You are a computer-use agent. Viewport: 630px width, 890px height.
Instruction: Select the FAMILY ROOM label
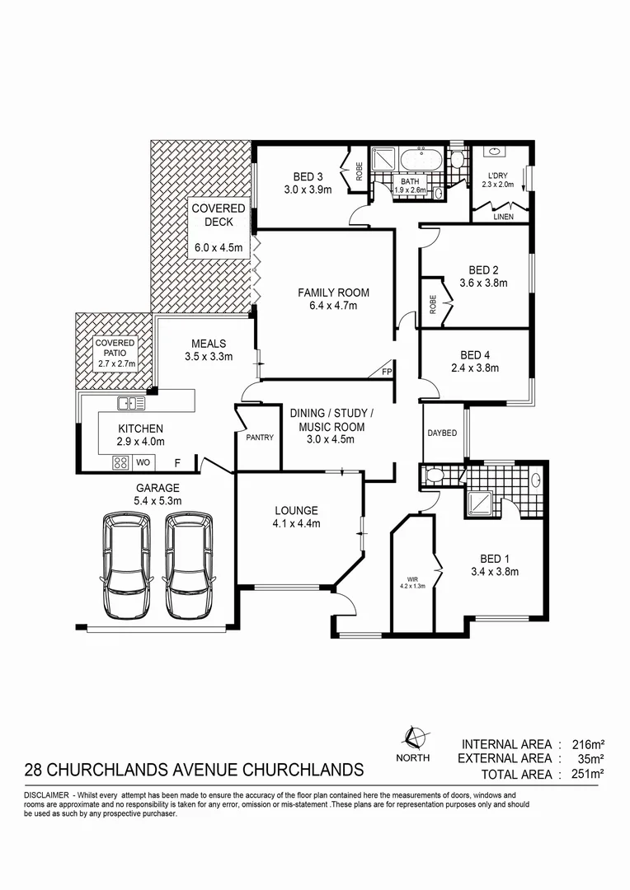[x=333, y=293]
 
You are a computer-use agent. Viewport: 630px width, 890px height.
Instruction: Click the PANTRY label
[x=260, y=438]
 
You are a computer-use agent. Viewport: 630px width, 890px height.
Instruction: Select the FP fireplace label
[x=386, y=372]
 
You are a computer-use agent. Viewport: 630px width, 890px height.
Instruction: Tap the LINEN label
[x=503, y=217]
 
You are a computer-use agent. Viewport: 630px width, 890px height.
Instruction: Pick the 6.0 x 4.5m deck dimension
[x=219, y=247]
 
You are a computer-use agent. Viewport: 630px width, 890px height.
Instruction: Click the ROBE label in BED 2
[x=432, y=302]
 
